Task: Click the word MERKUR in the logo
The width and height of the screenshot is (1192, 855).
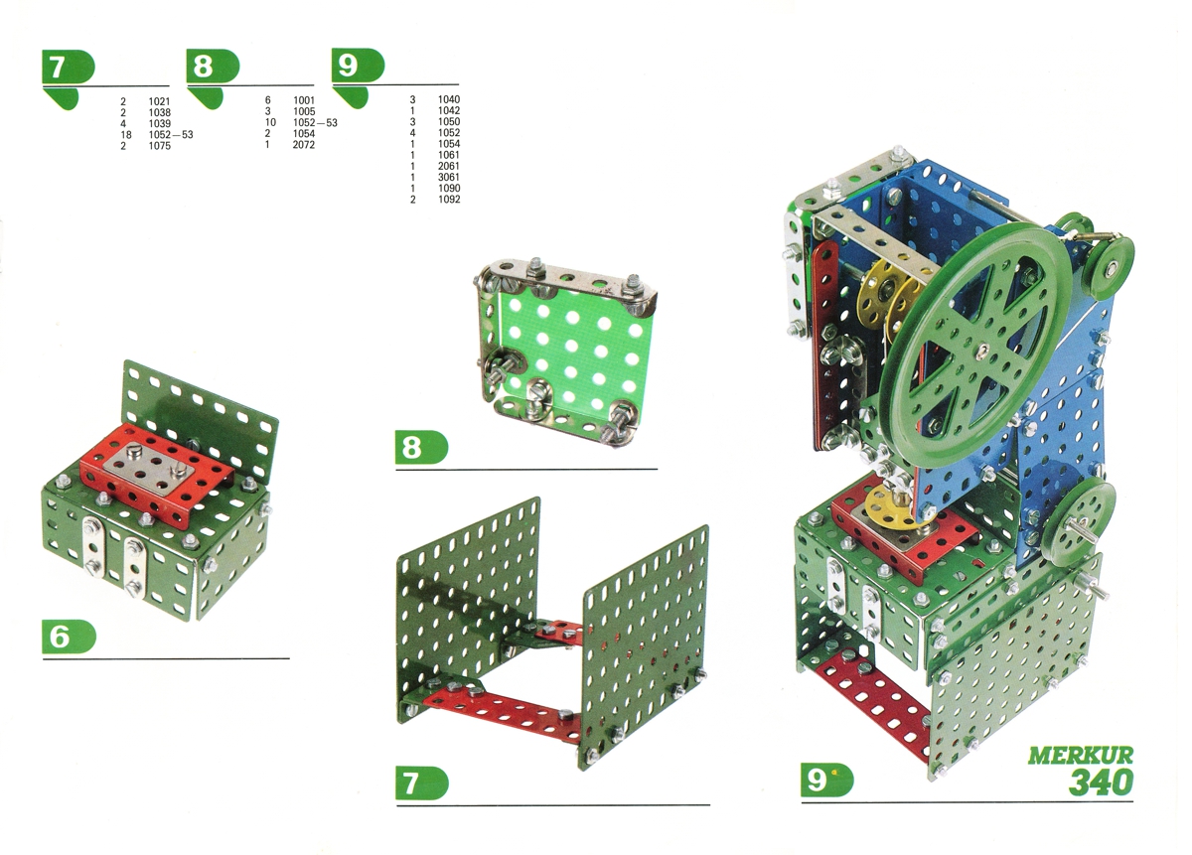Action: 1081,756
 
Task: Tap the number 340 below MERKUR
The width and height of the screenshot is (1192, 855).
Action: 1101,783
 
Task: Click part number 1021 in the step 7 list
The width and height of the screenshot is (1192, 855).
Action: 160,101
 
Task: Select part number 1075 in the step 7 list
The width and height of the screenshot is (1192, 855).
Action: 160,146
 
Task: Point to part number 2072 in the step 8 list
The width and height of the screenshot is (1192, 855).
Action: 304,145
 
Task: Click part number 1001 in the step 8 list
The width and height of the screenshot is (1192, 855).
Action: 304,100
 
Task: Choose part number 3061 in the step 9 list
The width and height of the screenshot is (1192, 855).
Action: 449,177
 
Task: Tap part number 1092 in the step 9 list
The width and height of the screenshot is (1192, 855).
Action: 449,199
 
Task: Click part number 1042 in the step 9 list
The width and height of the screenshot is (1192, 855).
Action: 449,110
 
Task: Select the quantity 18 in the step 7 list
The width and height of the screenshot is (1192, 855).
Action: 125,135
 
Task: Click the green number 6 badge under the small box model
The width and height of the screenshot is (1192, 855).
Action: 70,637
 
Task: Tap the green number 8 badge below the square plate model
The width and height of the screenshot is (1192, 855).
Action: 421,448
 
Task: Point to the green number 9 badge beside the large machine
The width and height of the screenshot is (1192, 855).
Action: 826,781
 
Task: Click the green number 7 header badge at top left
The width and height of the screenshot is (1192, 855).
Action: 69,67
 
